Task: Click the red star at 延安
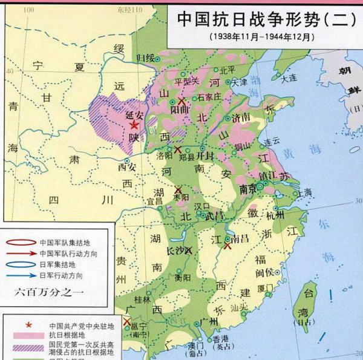(x=134, y=125)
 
